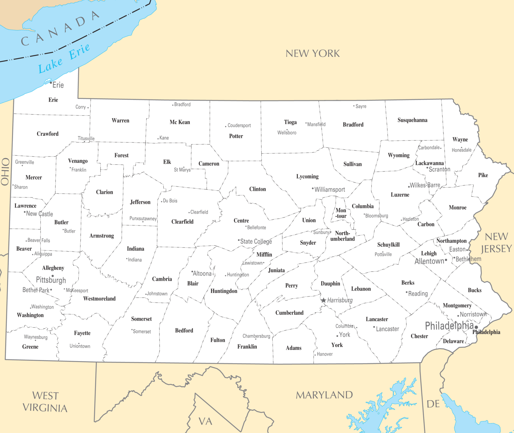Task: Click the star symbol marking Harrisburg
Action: (x=324, y=300)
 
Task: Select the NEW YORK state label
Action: (x=313, y=54)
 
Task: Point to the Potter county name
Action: (x=236, y=136)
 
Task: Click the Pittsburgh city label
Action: (x=51, y=280)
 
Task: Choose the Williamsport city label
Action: (x=330, y=190)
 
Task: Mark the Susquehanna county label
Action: (x=412, y=120)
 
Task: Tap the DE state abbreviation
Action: (x=433, y=404)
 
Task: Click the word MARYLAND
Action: (x=324, y=395)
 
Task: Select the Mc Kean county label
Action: (x=180, y=122)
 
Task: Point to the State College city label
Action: (x=256, y=241)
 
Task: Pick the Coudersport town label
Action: (x=239, y=125)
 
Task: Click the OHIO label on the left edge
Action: (x=5, y=172)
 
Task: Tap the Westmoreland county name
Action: (x=99, y=298)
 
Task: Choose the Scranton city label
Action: (x=439, y=170)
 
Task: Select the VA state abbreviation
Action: (x=205, y=421)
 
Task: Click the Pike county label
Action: (x=483, y=175)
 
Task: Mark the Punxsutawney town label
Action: (x=143, y=219)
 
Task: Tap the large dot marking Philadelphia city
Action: (x=476, y=327)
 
